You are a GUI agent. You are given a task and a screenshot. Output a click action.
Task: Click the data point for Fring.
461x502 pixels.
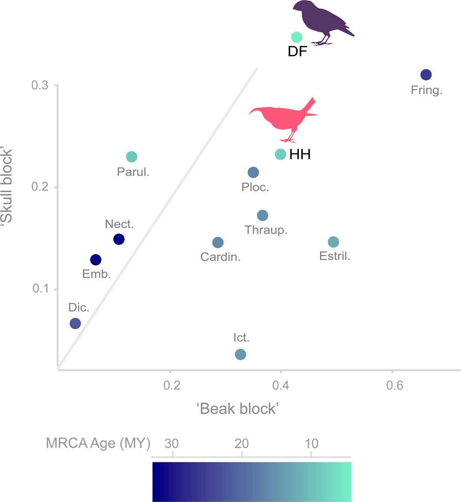pyautogui.click(x=426, y=75)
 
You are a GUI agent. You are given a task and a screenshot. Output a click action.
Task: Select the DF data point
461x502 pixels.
pyautogui.click(x=296, y=38)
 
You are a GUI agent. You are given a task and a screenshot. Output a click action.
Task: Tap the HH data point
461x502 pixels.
pyautogui.click(x=281, y=154)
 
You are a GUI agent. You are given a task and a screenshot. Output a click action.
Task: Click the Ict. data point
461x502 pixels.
pyautogui.click(x=240, y=354)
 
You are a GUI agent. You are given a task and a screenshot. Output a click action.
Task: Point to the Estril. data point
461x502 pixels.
pyautogui.click(x=333, y=242)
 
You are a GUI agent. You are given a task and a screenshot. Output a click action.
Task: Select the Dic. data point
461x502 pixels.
pyautogui.click(x=75, y=323)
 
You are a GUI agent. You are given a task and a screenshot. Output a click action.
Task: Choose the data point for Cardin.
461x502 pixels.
pyautogui.click(x=218, y=242)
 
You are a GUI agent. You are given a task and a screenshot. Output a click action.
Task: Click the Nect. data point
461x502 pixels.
pyautogui.click(x=119, y=239)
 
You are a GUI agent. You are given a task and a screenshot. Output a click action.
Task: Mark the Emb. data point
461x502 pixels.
pyautogui.click(x=95, y=260)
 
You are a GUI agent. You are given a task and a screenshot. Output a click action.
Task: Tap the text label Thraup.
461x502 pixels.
pyautogui.click(x=266, y=230)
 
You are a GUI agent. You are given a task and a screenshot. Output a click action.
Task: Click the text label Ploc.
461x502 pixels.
pyautogui.click(x=255, y=187)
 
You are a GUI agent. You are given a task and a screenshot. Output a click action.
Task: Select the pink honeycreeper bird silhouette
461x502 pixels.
pyautogui.click(x=284, y=119)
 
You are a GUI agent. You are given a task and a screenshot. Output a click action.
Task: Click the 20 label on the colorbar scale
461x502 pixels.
pyautogui.click(x=242, y=443)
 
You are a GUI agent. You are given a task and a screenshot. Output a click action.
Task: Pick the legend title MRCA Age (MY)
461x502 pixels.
pyautogui.click(x=98, y=443)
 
